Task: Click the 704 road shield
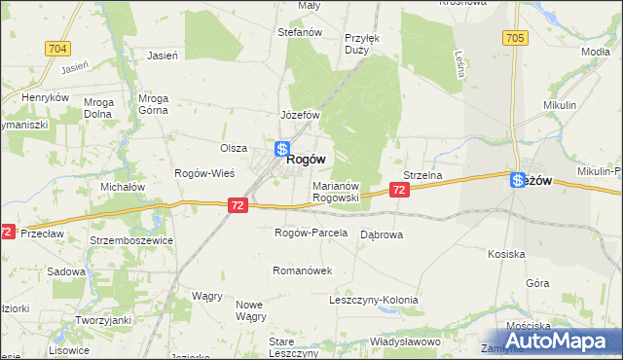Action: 57,48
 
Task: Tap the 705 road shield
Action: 515,38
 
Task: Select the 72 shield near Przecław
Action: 8,233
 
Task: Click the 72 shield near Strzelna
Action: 401,192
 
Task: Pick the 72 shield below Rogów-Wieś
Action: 239,205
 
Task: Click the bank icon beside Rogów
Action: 280,150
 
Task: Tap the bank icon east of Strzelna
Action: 517,179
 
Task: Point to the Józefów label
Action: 301,114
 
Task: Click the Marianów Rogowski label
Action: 337,191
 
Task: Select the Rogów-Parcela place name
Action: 311,233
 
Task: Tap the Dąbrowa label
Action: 382,234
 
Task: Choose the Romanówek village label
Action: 303,270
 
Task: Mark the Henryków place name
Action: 47,97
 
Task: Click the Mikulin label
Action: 561,104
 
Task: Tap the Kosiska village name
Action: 507,253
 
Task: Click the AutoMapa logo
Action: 561,341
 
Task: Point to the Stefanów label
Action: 300,32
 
